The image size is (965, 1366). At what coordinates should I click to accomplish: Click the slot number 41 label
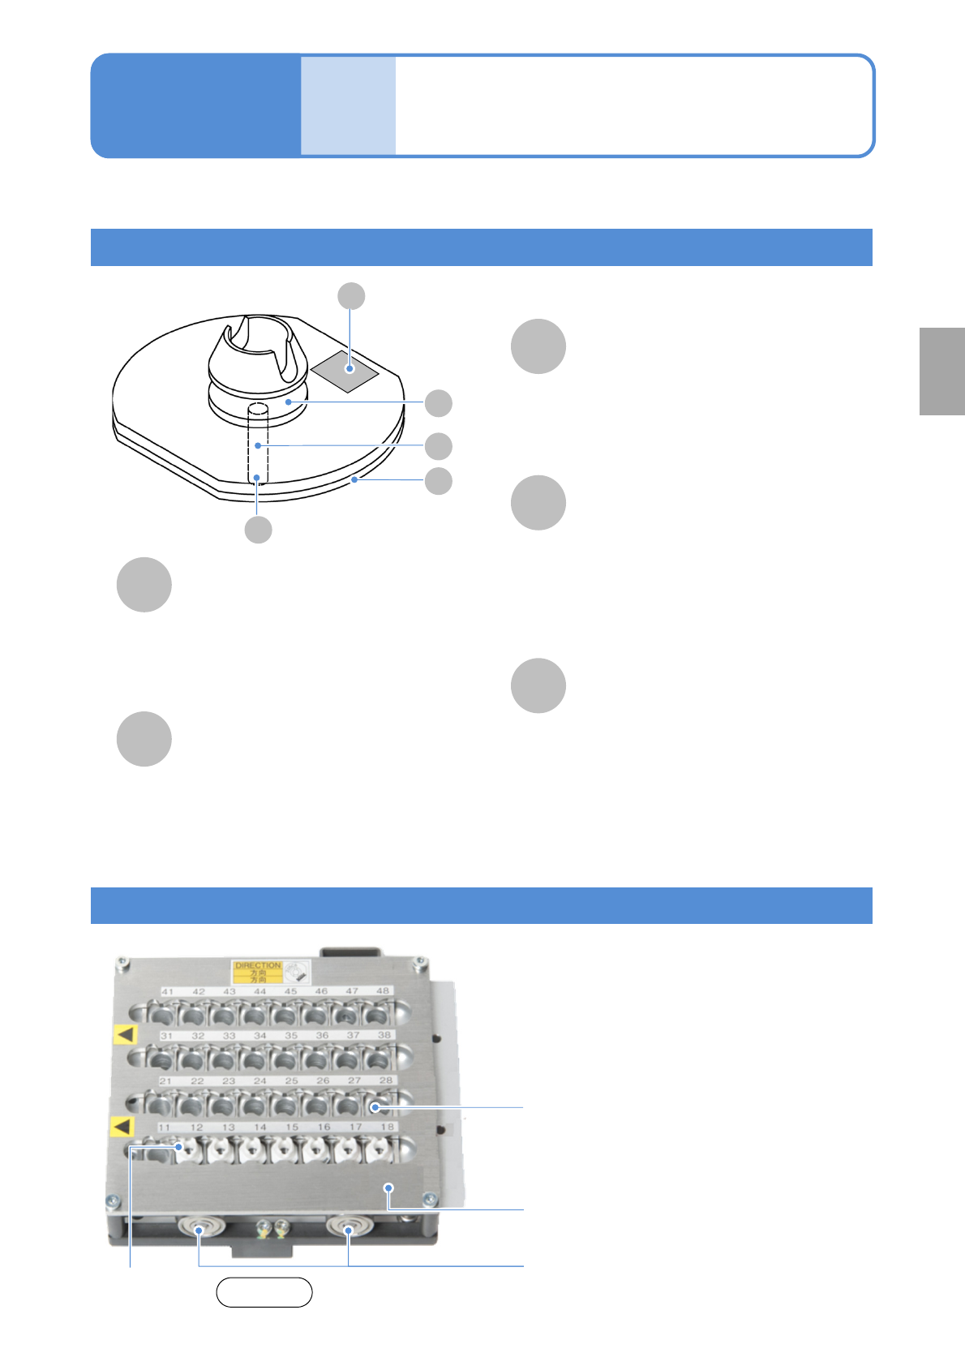click(168, 991)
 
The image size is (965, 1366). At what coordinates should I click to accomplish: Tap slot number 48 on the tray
click(383, 991)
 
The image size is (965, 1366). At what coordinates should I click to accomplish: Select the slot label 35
click(291, 1036)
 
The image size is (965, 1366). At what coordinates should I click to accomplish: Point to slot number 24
click(260, 1081)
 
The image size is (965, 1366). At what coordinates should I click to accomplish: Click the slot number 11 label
click(165, 1128)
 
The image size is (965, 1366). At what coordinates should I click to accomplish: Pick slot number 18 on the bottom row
click(388, 1128)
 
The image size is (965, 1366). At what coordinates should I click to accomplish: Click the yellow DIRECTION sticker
click(258, 972)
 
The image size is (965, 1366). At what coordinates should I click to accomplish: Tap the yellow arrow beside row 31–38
click(125, 1034)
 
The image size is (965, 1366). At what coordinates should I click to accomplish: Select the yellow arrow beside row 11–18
click(122, 1126)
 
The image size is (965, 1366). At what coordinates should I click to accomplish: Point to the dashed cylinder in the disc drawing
click(257, 442)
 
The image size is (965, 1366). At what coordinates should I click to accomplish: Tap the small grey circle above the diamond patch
click(351, 296)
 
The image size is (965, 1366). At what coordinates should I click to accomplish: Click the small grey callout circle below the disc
click(258, 530)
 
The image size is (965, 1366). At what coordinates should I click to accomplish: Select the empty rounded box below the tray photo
click(264, 1292)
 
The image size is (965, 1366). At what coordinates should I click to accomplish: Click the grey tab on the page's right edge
click(941, 371)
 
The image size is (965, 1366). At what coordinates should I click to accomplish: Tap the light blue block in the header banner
click(348, 105)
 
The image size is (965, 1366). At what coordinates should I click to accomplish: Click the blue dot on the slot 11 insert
click(178, 1147)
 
